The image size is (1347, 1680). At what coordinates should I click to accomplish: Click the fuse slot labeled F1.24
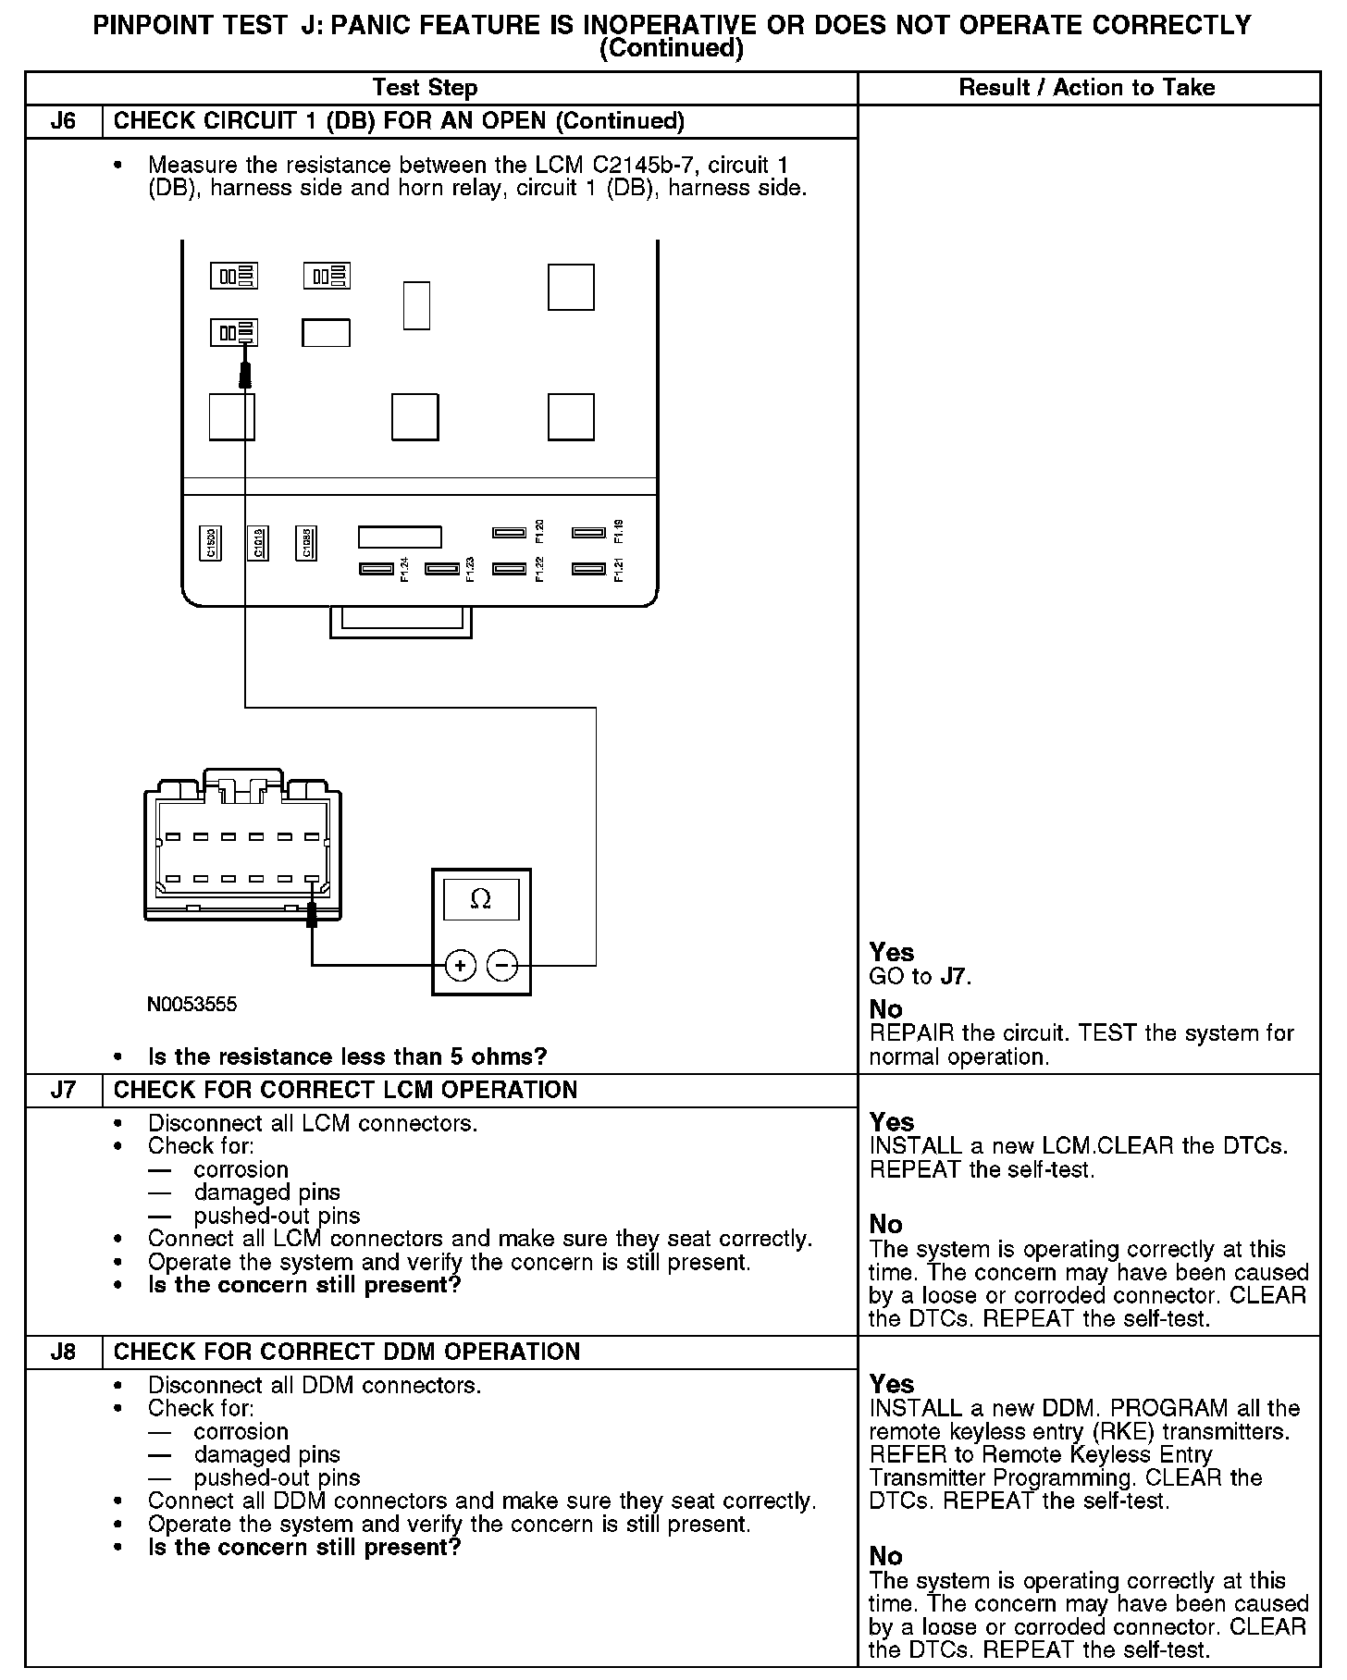coord(377,568)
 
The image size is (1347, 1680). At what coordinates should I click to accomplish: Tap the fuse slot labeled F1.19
coord(588,532)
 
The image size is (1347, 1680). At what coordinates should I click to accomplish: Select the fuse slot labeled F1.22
coord(509,568)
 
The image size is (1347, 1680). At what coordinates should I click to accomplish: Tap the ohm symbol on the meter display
coord(481,898)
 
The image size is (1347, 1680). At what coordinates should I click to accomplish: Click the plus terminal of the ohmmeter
coord(461,966)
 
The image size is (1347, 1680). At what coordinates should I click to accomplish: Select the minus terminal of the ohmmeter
coord(502,966)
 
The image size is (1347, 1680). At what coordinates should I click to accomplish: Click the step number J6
coord(63,121)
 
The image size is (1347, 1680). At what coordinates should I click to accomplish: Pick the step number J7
coord(63,1090)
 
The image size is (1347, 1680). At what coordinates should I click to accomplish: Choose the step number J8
coord(63,1352)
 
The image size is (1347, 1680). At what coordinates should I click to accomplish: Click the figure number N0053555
coord(192,1005)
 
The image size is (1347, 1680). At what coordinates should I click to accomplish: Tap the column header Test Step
coord(425,88)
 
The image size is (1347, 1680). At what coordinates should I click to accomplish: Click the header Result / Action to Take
coord(1087,88)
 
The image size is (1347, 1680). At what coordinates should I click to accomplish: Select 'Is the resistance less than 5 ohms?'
coord(347,1056)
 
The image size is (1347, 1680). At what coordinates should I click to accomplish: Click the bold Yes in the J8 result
coord(892,1384)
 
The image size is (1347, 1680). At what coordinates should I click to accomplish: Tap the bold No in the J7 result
coord(885,1225)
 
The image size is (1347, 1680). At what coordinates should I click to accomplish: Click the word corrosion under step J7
coord(241,1169)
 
